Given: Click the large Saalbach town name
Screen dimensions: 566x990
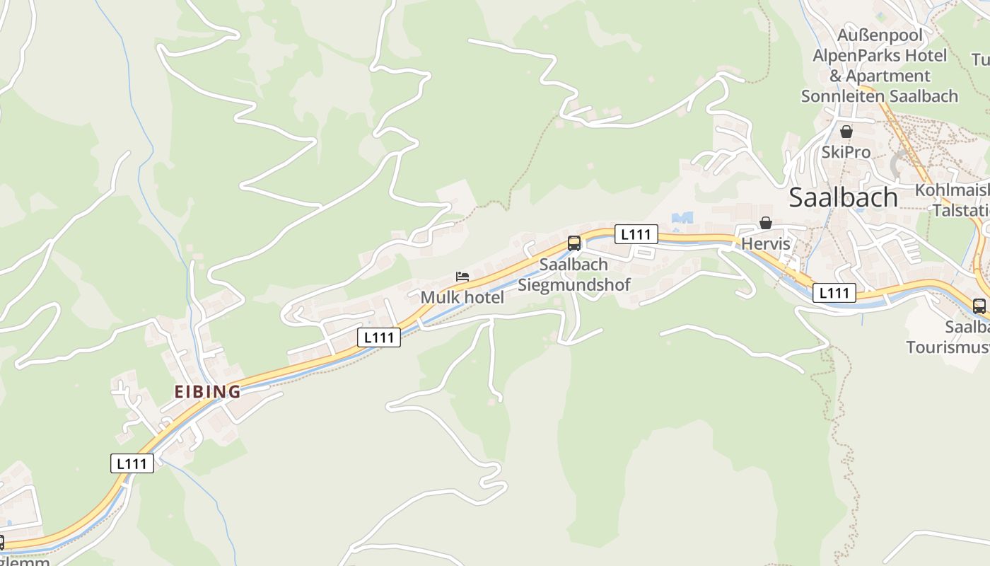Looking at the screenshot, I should click(843, 197).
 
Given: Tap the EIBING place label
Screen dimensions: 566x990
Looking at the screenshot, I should click(207, 391).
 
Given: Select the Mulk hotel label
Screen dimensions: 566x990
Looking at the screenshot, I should click(462, 297).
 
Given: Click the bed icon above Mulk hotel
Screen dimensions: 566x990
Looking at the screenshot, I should click(462, 277).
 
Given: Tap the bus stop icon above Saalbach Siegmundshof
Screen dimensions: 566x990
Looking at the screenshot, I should click(574, 243).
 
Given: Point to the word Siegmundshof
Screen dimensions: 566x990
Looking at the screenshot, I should click(574, 284).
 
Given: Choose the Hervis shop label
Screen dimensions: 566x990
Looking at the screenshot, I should click(765, 243).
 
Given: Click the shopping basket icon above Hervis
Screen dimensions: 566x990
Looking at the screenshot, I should click(765, 224).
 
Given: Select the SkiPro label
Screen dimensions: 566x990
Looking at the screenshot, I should click(846, 152).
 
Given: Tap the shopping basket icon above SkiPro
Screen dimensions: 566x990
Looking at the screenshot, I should click(846, 132).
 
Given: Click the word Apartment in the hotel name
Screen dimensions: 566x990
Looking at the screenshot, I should click(888, 75).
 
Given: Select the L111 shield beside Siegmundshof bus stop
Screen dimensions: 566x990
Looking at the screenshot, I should click(636, 234).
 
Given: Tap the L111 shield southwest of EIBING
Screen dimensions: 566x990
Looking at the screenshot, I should click(132, 463).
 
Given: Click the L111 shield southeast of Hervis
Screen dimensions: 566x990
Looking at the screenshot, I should click(834, 292).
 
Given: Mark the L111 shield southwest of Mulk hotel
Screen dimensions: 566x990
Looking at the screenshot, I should click(379, 337).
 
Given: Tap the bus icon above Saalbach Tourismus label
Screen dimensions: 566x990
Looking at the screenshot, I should click(979, 306).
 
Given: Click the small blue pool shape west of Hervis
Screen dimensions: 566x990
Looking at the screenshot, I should click(682, 218).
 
